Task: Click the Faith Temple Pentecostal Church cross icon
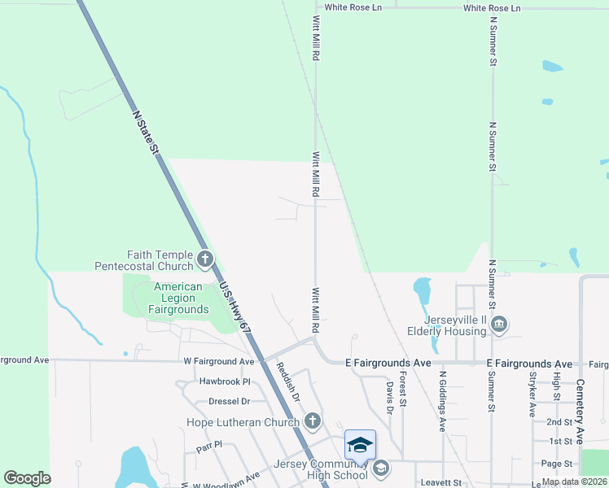tap(204, 260)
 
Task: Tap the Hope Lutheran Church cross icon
tap(312, 421)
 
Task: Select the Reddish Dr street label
tap(287, 381)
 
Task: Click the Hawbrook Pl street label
tap(224, 381)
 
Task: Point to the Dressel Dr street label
tap(229, 401)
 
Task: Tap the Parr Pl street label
tap(209, 448)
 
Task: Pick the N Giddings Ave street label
tap(443, 402)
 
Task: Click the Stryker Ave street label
tap(532, 395)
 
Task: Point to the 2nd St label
tap(559, 422)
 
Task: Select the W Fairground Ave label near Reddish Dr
tap(218, 361)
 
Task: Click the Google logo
tap(28, 478)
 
